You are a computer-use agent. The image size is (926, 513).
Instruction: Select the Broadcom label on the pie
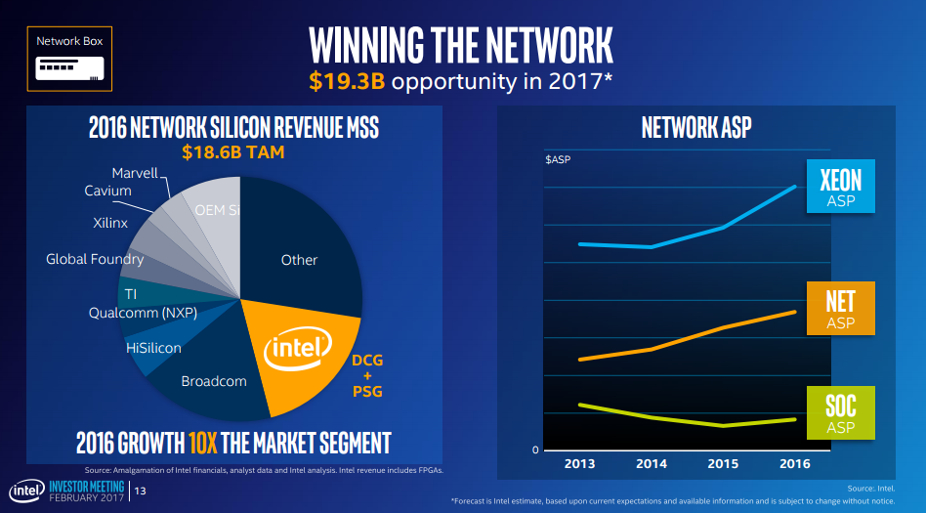(x=214, y=381)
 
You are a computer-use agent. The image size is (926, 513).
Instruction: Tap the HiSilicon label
(x=153, y=347)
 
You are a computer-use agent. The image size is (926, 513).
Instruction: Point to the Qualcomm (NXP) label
(x=143, y=313)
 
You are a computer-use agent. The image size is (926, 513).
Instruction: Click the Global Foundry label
(x=95, y=259)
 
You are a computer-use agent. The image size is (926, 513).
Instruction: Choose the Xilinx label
(x=111, y=224)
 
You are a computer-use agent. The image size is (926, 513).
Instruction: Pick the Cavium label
(x=107, y=191)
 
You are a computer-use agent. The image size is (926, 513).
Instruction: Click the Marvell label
(x=135, y=173)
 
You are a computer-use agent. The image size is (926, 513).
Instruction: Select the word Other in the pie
(x=299, y=260)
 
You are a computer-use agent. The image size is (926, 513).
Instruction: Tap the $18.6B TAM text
(x=232, y=152)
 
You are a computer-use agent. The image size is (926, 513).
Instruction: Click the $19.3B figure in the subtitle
(x=348, y=80)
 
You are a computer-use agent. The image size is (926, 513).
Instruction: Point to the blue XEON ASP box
(x=840, y=185)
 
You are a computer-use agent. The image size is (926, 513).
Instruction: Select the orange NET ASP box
(x=840, y=306)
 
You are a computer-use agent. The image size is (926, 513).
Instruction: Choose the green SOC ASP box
(x=840, y=411)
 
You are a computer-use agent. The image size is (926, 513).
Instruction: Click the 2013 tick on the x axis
(x=579, y=464)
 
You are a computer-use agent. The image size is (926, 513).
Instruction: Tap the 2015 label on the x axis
(x=723, y=464)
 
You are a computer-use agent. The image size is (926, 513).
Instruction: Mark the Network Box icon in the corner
(x=69, y=60)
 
